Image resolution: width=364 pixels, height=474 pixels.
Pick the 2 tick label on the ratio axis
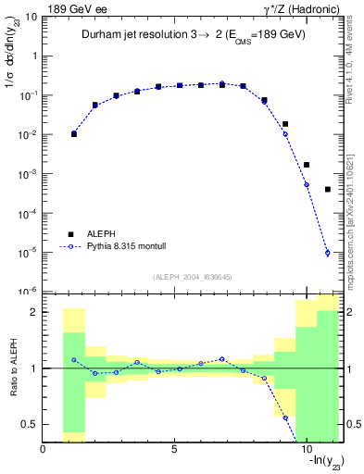(32, 312)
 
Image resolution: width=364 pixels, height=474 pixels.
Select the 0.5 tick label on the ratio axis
(29, 424)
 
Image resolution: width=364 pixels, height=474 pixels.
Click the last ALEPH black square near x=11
(328, 190)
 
